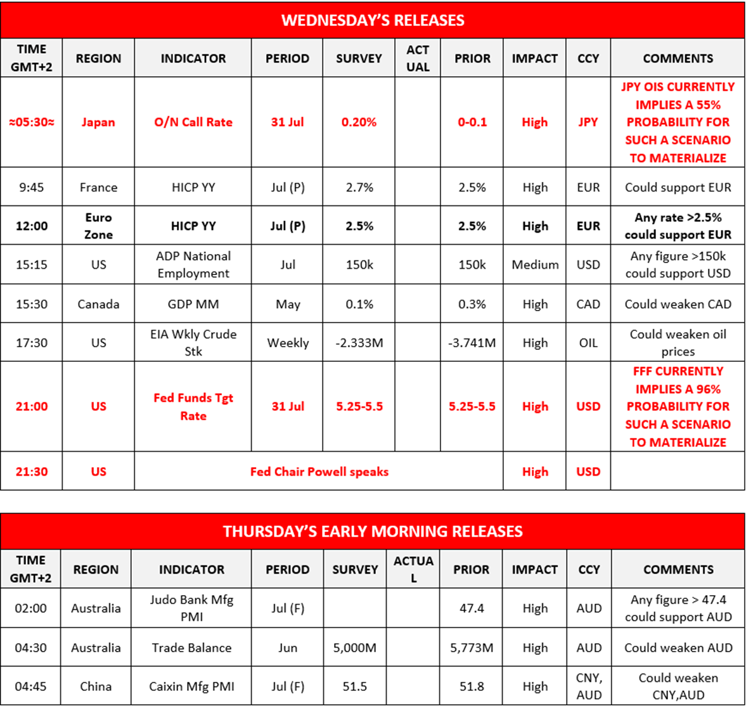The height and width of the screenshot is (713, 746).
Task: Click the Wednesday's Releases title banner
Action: (x=373, y=20)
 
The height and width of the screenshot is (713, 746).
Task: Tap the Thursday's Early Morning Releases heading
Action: (x=373, y=531)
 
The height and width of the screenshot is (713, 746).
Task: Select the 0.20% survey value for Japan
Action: (x=359, y=122)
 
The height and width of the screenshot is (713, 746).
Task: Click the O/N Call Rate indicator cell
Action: (x=193, y=122)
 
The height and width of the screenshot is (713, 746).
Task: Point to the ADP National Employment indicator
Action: (x=193, y=264)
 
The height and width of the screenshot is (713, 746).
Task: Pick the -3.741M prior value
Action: (x=472, y=343)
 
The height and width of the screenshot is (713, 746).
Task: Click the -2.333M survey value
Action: (x=359, y=343)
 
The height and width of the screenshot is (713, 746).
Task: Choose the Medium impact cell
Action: (x=535, y=264)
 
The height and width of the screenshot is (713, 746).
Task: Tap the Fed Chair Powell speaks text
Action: (x=319, y=472)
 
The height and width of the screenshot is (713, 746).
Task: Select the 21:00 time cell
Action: (x=32, y=406)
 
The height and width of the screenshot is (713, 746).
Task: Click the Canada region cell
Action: (x=98, y=304)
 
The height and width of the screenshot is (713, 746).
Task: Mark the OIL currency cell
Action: (x=588, y=343)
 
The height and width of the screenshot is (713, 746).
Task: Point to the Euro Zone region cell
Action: (x=98, y=226)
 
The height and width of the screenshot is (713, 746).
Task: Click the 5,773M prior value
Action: (x=472, y=648)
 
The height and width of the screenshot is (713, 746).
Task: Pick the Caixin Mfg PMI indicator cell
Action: (x=191, y=686)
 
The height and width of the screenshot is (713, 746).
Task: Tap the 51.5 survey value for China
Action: (x=355, y=686)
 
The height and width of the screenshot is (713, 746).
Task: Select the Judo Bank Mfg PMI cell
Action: (x=191, y=608)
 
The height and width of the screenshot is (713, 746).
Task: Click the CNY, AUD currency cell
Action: (x=589, y=686)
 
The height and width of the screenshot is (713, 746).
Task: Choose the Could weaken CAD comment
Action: (x=678, y=304)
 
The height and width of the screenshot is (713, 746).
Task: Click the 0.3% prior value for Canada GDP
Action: (x=472, y=304)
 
